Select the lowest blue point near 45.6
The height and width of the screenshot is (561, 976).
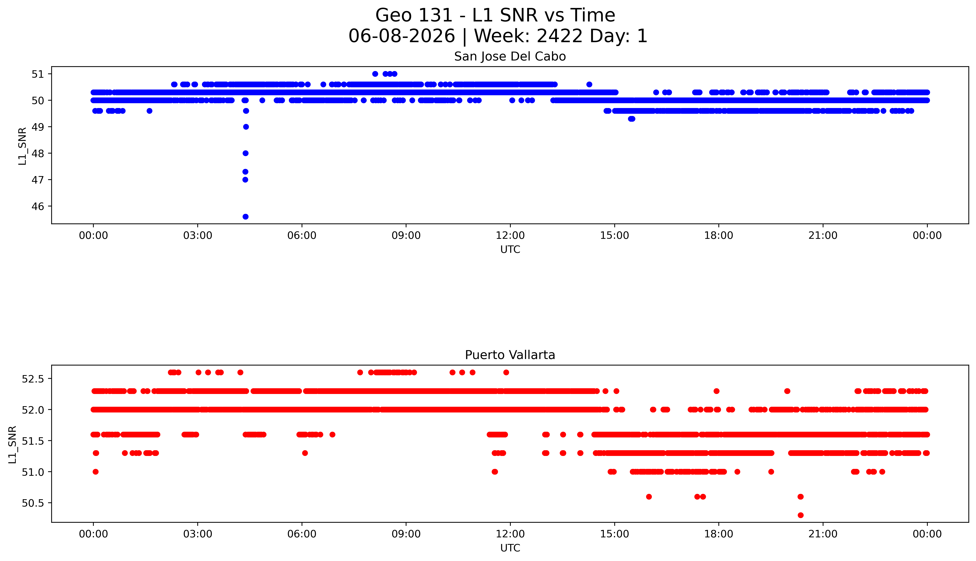click(245, 217)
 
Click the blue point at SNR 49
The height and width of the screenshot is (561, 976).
click(246, 127)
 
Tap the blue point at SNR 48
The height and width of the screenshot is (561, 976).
click(245, 153)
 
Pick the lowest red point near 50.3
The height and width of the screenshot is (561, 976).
click(800, 515)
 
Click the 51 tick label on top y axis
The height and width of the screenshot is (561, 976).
click(38, 74)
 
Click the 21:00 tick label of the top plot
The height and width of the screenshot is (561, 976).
click(823, 235)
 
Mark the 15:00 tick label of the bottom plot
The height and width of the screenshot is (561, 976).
click(614, 534)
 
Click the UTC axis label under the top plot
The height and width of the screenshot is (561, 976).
click(510, 250)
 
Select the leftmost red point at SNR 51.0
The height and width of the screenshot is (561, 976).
click(96, 472)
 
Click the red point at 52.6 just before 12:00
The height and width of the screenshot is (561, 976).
click(506, 372)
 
